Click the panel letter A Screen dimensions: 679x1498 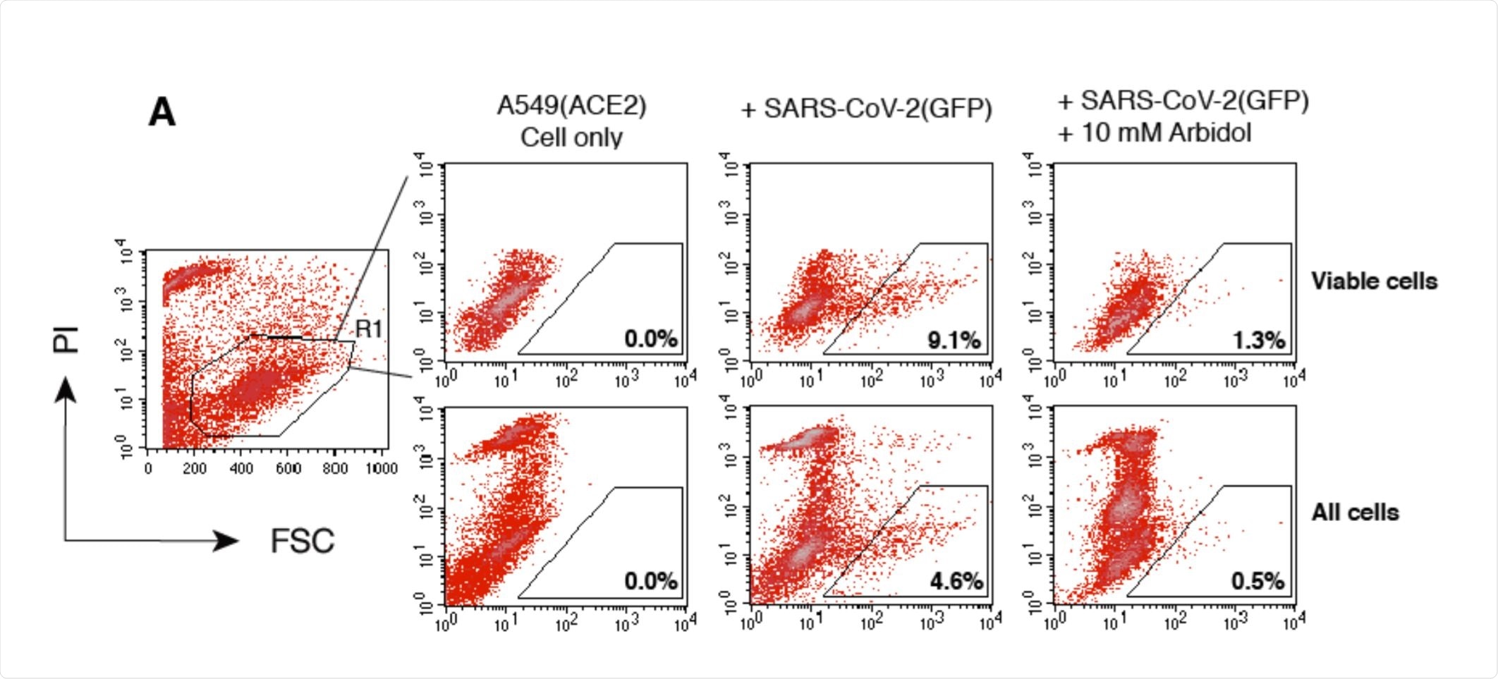[x=162, y=113]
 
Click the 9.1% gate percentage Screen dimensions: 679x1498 [x=954, y=341]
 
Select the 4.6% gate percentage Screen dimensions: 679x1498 [x=956, y=582]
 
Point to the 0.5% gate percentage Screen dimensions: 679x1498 [x=1258, y=582]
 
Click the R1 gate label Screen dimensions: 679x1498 [x=369, y=329]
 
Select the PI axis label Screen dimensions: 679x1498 [x=66, y=340]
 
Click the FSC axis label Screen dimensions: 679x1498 [x=303, y=542]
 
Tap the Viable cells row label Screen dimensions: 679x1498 [x=1374, y=281]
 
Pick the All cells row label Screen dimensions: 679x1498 [x=1355, y=513]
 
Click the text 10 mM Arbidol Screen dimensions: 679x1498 [x=1167, y=133]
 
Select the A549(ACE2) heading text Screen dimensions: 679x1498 [x=571, y=106]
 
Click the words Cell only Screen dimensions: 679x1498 [x=571, y=137]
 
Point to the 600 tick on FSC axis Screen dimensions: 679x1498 [x=288, y=469]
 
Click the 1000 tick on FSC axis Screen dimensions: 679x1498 [x=382, y=469]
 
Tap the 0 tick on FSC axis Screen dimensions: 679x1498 [x=147, y=469]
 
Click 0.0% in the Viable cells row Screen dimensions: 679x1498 [x=650, y=339]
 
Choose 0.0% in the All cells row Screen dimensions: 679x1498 [x=650, y=582]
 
